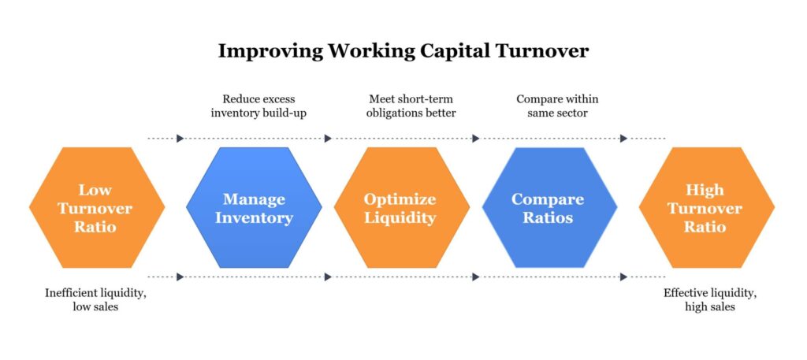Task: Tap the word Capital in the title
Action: tap(452, 51)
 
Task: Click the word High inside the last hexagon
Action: tap(705, 191)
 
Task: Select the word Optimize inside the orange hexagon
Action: tap(400, 199)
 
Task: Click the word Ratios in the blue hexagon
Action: tap(548, 217)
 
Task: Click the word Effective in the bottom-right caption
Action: tap(686, 293)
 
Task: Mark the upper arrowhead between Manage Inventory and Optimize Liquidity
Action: tap(328, 139)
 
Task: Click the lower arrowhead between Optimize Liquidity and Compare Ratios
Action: tap(475, 276)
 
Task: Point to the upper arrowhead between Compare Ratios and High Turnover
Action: tap(623, 139)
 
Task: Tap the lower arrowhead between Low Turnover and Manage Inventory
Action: tap(180, 276)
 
